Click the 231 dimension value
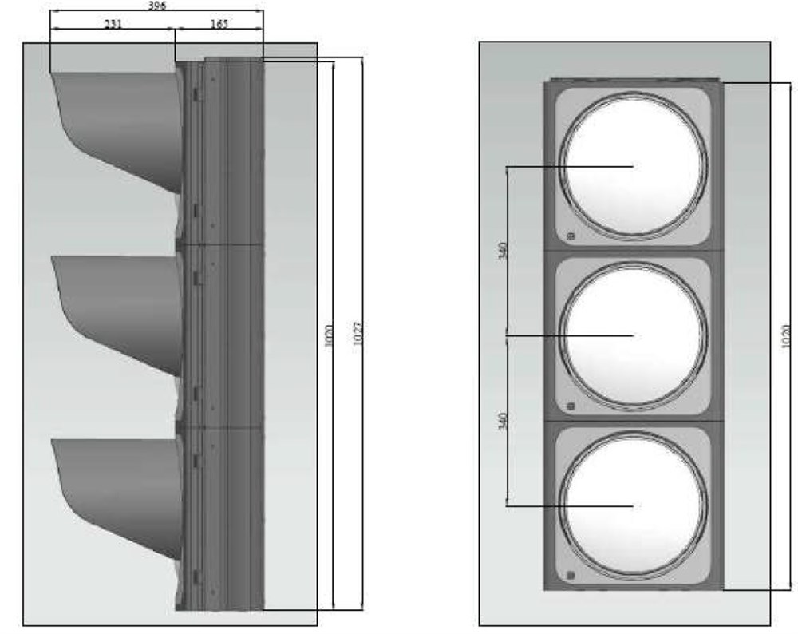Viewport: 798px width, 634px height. coord(113,24)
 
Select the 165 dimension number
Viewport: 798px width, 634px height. coord(218,24)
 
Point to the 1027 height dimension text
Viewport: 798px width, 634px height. coord(358,333)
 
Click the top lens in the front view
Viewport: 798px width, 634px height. coord(633,166)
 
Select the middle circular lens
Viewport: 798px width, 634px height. coord(633,336)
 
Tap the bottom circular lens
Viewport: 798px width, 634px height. coord(633,505)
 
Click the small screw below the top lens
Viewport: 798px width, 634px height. coord(570,236)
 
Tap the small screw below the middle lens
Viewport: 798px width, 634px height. coord(570,406)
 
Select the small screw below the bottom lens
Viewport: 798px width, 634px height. coord(570,576)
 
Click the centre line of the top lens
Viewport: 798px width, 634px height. coord(571,167)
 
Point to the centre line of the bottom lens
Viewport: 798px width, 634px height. coord(571,505)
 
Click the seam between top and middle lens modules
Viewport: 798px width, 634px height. coord(633,251)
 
